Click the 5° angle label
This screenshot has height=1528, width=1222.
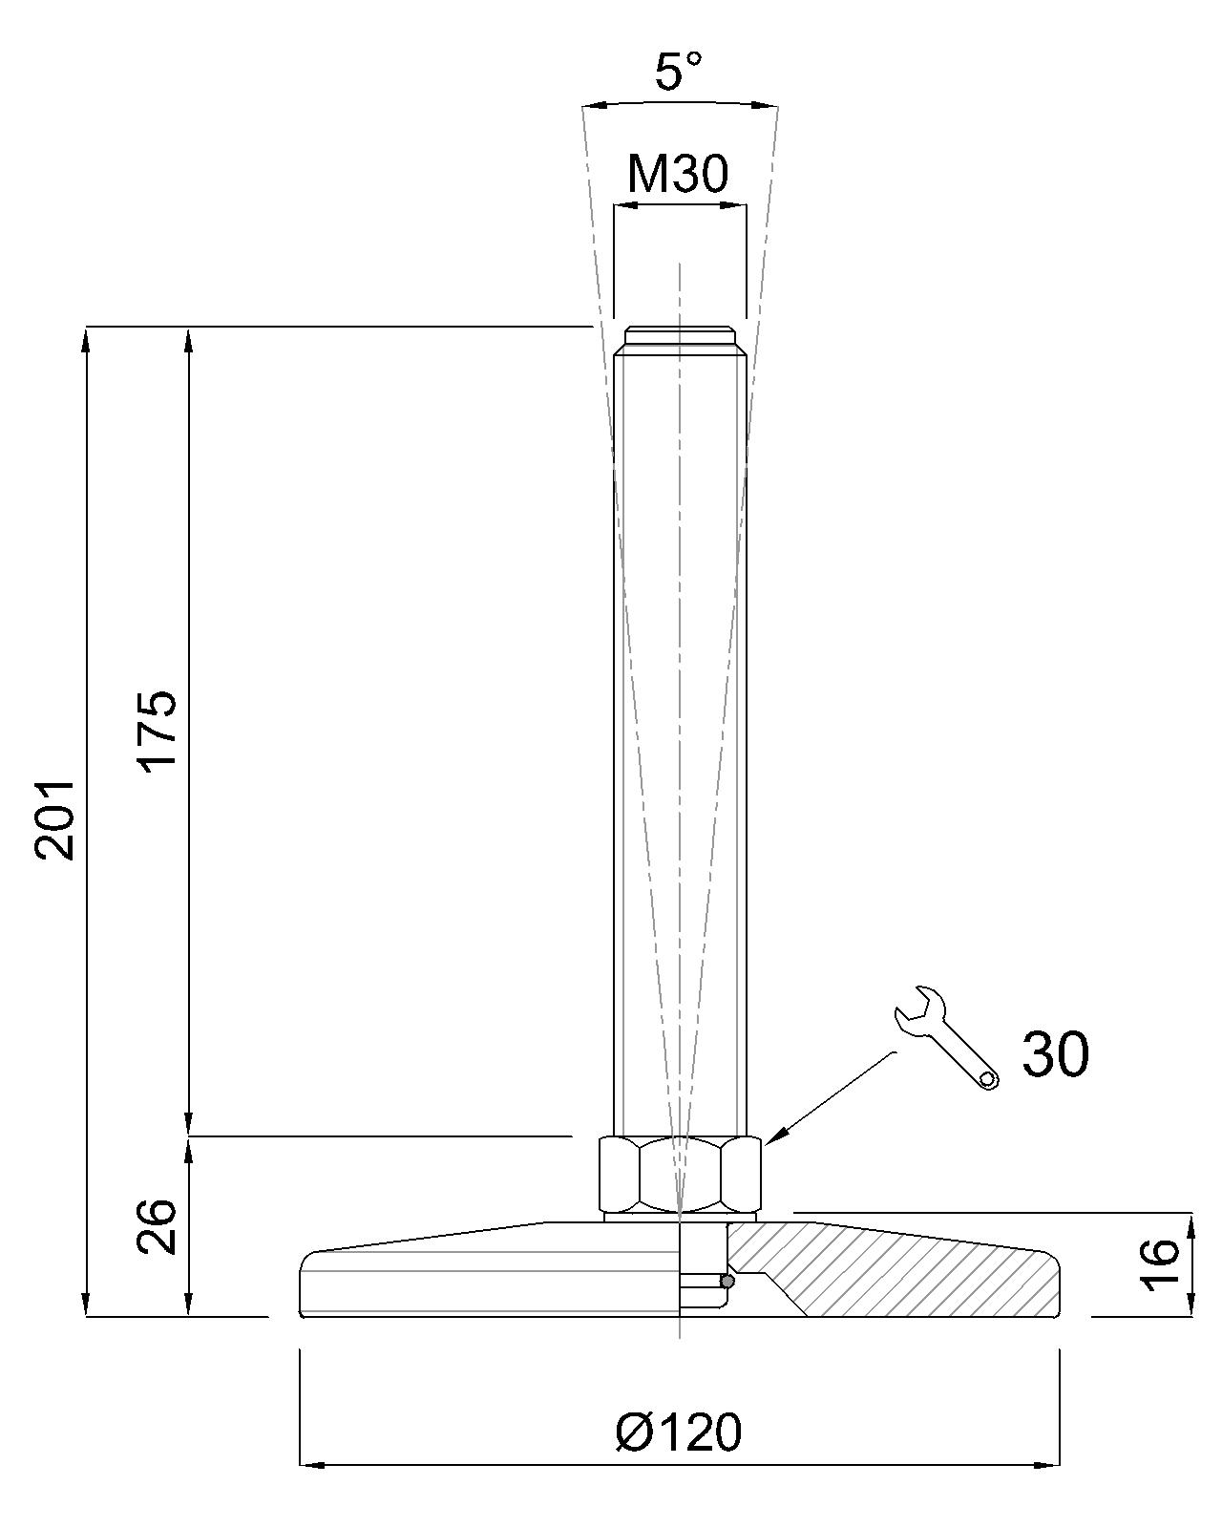[678, 72]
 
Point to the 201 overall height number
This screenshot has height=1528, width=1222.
[55, 820]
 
